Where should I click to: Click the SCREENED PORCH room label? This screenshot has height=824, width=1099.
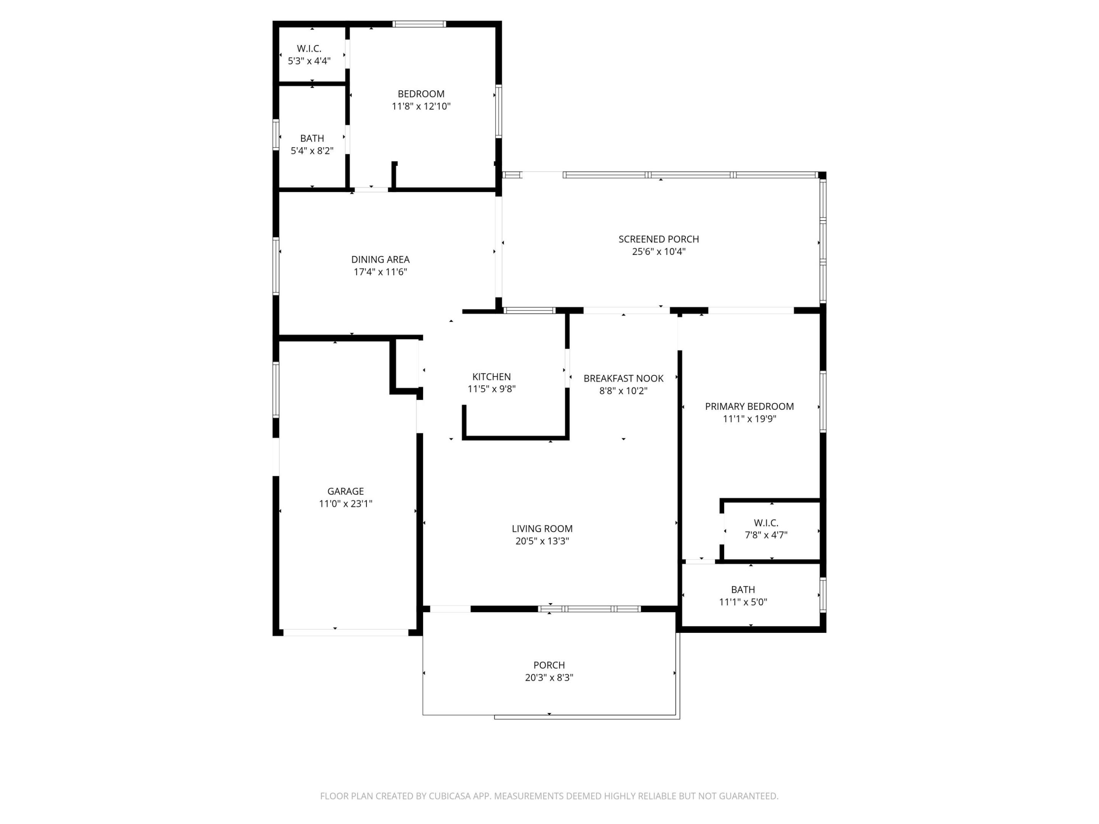pos(658,239)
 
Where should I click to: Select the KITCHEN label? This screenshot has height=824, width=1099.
pos(491,377)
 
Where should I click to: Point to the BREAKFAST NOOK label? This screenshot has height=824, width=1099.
pos(623,378)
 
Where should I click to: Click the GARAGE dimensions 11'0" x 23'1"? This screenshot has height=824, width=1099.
pos(345,504)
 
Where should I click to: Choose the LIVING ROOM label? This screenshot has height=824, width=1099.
pos(542,528)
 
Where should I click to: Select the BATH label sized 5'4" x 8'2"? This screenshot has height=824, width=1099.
pos(312,138)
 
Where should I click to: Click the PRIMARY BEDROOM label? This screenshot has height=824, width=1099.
pos(749,406)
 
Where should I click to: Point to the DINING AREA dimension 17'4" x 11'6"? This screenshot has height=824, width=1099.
pos(380,272)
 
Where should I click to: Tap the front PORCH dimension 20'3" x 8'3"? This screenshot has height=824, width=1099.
pos(549,678)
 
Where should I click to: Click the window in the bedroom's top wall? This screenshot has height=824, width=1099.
pos(419,24)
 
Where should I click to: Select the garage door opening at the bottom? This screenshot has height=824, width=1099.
pos(346,632)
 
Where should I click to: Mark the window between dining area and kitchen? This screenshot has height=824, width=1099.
pos(529,311)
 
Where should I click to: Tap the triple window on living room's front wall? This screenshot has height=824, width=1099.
pos(590,609)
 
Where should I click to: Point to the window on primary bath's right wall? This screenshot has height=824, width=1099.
pos(822,594)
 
